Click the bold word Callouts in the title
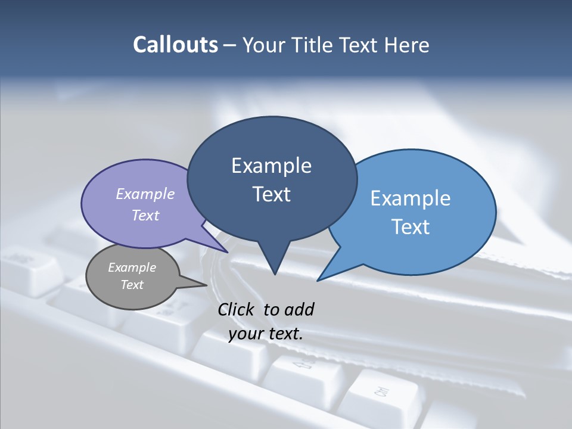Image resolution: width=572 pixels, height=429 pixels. pos(176,45)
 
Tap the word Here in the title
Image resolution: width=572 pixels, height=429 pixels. pos(407,45)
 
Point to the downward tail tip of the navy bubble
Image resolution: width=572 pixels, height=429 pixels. pos(275,274)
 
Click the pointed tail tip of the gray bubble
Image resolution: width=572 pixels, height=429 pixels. pos(207,285)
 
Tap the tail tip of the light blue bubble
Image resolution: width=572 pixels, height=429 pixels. pos(318,281)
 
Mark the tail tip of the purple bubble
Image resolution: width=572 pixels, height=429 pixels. pos(228,252)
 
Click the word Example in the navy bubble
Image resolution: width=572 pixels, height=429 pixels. pos(272,166)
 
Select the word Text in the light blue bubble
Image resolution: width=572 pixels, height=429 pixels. pos(411,227)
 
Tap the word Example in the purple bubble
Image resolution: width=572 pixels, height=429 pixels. pos(145,194)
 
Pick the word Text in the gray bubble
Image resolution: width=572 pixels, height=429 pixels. pos(132,285)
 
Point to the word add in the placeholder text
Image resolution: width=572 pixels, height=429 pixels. pos(299,309)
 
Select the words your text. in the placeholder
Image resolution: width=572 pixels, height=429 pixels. pos(266,334)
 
